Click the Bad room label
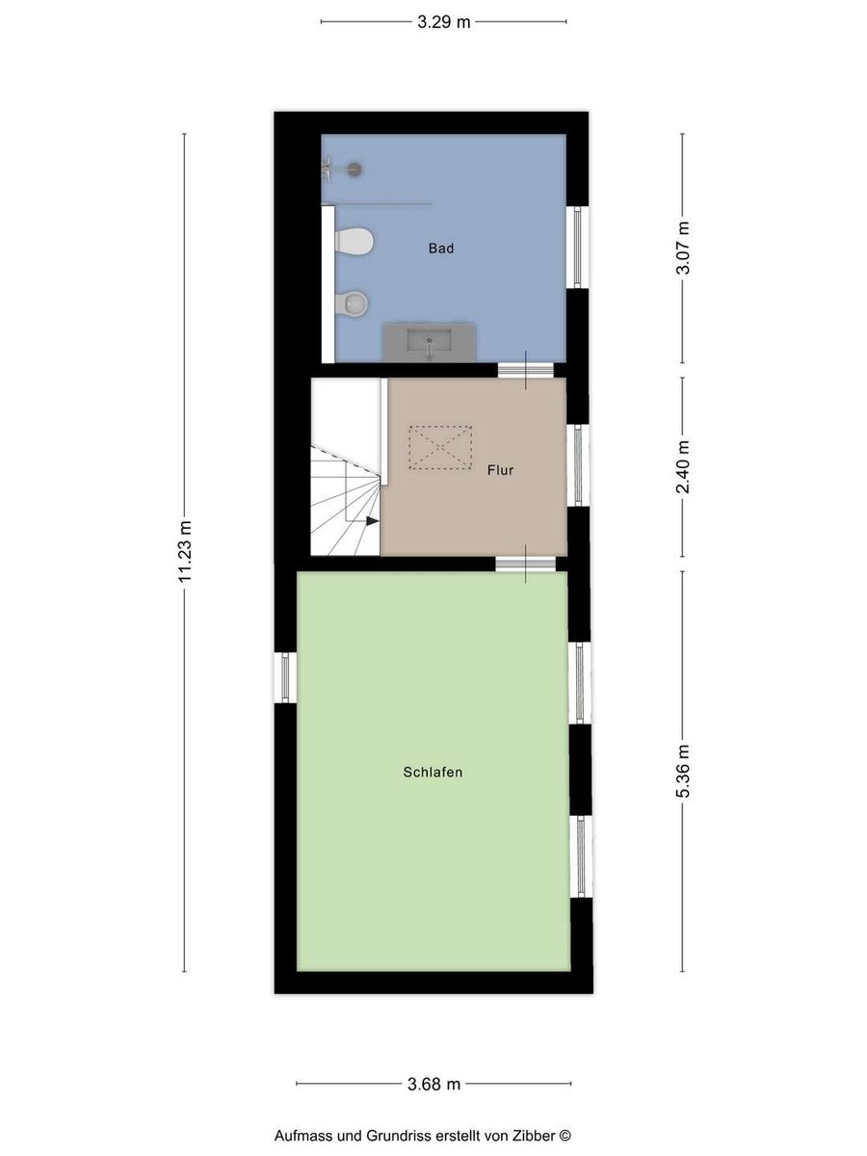click(440, 248)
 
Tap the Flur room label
click(500, 470)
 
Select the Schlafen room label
click(433, 772)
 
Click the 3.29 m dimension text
click(444, 22)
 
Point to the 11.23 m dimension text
click(185, 551)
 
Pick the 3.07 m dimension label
click(683, 248)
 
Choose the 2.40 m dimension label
click(683, 466)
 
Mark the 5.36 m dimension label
click(683, 771)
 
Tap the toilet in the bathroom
click(355, 241)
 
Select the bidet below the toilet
click(351, 303)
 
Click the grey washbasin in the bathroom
click(430, 343)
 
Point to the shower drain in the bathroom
click(355, 169)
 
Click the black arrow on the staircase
click(372, 521)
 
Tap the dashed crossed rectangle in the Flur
click(440, 448)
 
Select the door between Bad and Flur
click(525, 370)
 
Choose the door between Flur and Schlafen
click(525, 565)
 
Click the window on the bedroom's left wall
click(285, 677)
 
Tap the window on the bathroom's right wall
click(577, 247)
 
